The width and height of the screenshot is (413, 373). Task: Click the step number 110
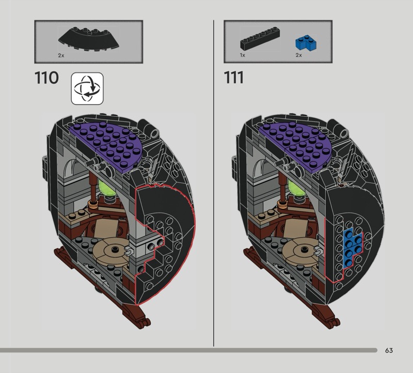click(46, 78)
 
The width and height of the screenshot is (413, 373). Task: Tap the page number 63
click(389, 350)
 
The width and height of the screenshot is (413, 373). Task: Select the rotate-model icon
click(87, 88)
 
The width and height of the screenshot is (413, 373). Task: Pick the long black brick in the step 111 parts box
click(260, 38)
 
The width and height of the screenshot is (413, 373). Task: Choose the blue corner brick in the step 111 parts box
click(306, 43)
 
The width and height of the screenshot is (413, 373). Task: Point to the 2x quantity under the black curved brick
click(61, 55)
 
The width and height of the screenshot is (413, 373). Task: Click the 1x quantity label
click(242, 55)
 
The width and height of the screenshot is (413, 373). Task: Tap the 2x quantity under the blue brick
click(299, 55)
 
